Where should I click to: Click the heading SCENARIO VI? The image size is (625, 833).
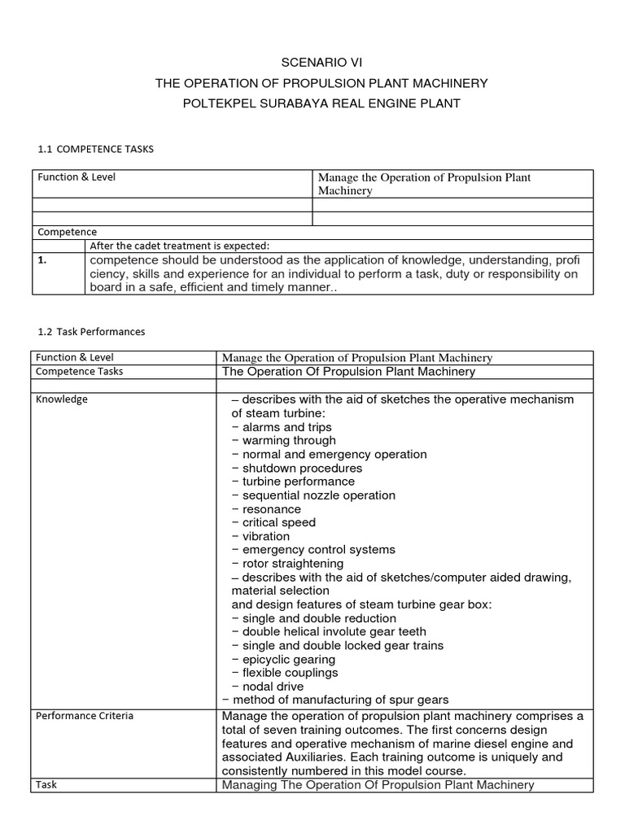pyautogui.click(x=312, y=61)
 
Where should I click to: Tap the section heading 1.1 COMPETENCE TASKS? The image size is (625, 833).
pyautogui.click(x=95, y=150)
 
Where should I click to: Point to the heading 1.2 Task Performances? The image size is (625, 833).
pyautogui.click(x=91, y=332)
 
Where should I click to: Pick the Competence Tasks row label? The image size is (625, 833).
pyautogui.click(x=79, y=372)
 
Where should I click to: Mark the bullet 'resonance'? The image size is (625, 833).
pyautogui.click(x=271, y=509)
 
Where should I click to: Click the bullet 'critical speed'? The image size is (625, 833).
pyautogui.click(x=278, y=522)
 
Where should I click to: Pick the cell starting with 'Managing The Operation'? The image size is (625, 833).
pyautogui.click(x=378, y=785)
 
